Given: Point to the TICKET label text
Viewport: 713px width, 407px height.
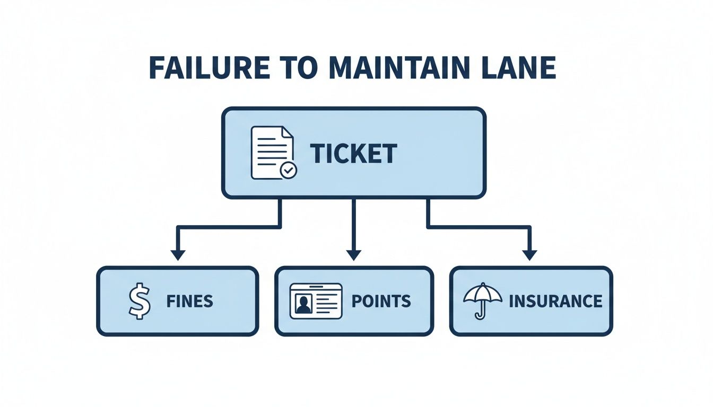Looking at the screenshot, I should pyautogui.click(x=353, y=154).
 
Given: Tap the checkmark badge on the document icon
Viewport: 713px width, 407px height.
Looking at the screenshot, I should pyautogui.click(x=289, y=170).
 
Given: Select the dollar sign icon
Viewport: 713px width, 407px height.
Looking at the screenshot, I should pyautogui.click(x=140, y=301).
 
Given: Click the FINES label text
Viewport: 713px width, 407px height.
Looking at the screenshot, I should pyautogui.click(x=189, y=302).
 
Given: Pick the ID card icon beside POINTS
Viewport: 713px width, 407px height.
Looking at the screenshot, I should pyautogui.click(x=316, y=301).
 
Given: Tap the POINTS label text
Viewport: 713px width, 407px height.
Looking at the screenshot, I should pyautogui.click(x=381, y=302).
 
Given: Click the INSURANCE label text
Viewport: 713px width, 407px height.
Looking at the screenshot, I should pyautogui.click(x=555, y=302).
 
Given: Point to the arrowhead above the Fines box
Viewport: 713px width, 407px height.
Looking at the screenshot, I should pyautogui.click(x=178, y=254).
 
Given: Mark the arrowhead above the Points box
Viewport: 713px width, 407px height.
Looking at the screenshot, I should pyautogui.click(x=353, y=254).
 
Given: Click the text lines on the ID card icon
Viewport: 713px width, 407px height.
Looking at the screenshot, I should pyautogui.click(x=327, y=300).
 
